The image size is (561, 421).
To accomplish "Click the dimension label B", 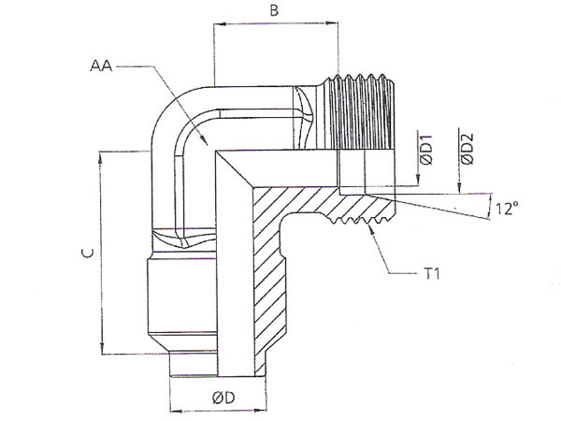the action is pos(274,10).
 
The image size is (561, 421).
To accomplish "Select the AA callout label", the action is pos(101,65).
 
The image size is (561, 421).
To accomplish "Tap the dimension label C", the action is pos(88,254).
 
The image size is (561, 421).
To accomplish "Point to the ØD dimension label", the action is pos(223,398).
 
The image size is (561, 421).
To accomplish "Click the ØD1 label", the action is pos(426,150).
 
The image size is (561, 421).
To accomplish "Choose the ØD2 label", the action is pos(467,149).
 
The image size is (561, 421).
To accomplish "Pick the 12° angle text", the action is pos(507,208).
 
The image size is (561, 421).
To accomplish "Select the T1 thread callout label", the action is pos(432,274).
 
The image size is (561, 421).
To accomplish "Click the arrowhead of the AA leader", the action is pos(205,141).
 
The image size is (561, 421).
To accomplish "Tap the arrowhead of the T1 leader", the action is pos(372,228).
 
